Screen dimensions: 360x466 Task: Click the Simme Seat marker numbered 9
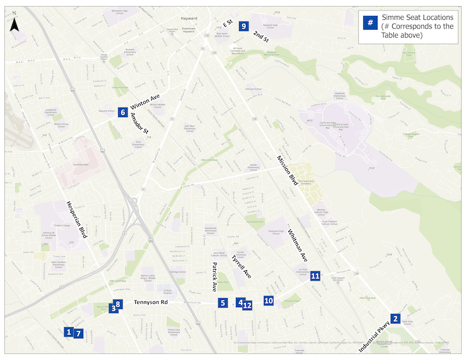[x=243, y=26]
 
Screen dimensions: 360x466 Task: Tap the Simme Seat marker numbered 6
[x=123, y=112]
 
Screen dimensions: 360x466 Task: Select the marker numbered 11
[x=315, y=276]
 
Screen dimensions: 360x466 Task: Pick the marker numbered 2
[x=396, y=318]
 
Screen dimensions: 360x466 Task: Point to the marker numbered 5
[x=223, y=302]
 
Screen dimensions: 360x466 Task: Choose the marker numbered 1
[x=69, y=331]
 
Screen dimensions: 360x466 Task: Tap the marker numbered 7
[x=78, y=333]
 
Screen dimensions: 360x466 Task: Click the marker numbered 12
[x=248, y=305]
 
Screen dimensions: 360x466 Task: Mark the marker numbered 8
[x=118, y=304]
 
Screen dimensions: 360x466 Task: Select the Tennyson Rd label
[x=150, y=302]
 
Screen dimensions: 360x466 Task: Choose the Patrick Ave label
[x=214, y=276]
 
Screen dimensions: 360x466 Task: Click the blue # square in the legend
[x=368, y=23]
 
